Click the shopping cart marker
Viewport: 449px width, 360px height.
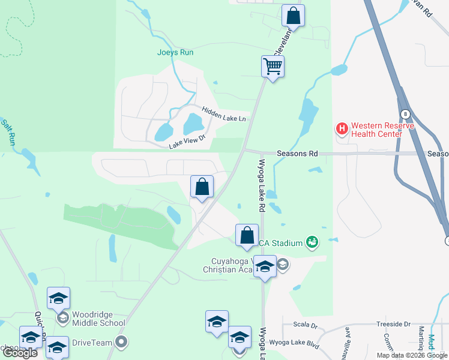point(273,67)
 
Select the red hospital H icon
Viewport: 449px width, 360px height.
point(342,128)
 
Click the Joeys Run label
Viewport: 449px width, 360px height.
point(175,52)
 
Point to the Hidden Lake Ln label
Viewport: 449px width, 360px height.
point(224,114)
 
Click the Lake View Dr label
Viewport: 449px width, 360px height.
point(187,141)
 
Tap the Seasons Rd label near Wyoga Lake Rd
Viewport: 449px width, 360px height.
point(297,154)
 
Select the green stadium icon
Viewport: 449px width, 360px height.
point(312,242)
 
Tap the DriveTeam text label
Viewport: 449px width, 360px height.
point(92,343)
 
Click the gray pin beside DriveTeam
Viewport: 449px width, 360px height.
point(121,343)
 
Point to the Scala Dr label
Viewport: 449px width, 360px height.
point(306,325)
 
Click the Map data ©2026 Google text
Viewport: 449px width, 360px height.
point(412,355)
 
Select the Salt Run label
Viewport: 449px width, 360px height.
point(8,132)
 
